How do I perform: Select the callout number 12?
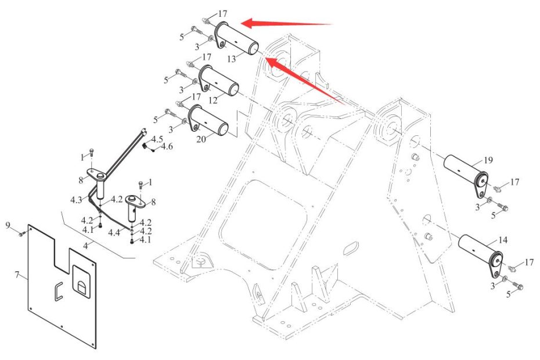tap(213, 100)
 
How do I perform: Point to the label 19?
tap(488, 160)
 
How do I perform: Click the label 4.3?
tap(76, 200)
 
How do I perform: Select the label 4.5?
tap(157, 139)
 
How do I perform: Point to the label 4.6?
tap(167, 147)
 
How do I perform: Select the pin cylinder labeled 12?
tap(221, 82)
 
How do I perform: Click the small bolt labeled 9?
tap(22, 234)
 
